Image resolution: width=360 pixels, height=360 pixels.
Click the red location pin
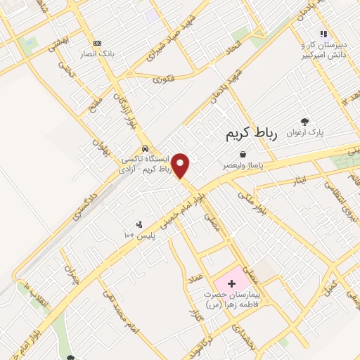click(x=181, y=166)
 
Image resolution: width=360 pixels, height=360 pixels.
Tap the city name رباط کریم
click(x=252, y=133)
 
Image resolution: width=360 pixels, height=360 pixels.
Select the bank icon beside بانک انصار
click(x=97, y=44)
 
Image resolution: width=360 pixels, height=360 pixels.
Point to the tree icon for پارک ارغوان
click(x=304, y=122)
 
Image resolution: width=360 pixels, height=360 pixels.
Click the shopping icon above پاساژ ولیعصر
click(x=243, y=154)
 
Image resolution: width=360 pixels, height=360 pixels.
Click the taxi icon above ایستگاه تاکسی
click(x=144, y=149)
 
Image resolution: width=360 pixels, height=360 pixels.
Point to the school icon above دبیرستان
click(x=323, y=33)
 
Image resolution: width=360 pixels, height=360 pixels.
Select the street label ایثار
click(x=300, y=181)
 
